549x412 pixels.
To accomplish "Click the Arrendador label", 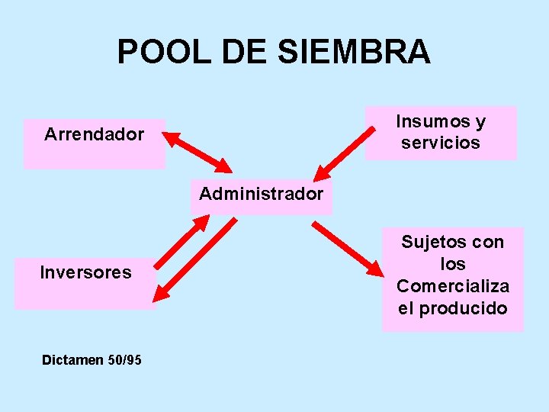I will point(94,135).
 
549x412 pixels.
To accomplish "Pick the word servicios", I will point(441,143).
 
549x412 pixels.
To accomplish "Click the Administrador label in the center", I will point(261,194).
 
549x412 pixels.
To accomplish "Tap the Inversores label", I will point(85,272).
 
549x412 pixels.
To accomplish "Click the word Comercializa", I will point(453,286).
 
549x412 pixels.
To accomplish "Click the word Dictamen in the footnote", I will point(72,359).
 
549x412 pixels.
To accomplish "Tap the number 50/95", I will point(125,359).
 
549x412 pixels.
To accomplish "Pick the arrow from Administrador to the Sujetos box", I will point(348,248).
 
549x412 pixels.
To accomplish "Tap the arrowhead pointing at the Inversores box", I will point(161,294).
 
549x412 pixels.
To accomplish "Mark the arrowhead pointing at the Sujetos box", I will point(376,269).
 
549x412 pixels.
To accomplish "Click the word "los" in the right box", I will point(453,264).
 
